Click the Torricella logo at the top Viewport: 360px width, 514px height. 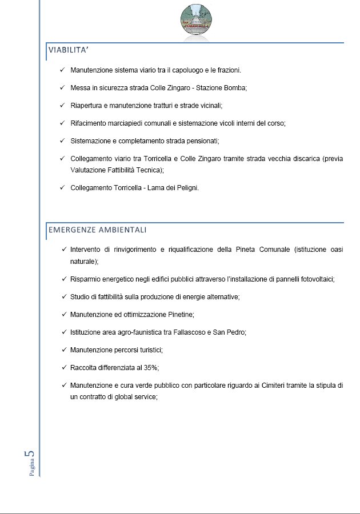[197, 19]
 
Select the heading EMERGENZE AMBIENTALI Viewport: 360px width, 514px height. [98, 230]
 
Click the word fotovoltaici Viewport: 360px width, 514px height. [314, 279]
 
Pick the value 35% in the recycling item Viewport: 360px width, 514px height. [149, 367]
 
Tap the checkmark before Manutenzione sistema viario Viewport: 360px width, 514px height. [62, 70]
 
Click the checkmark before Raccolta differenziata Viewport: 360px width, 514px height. [65, 367]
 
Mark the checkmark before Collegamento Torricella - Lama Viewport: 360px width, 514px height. [62, 188]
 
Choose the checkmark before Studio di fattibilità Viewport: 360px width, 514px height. [65, 297]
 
